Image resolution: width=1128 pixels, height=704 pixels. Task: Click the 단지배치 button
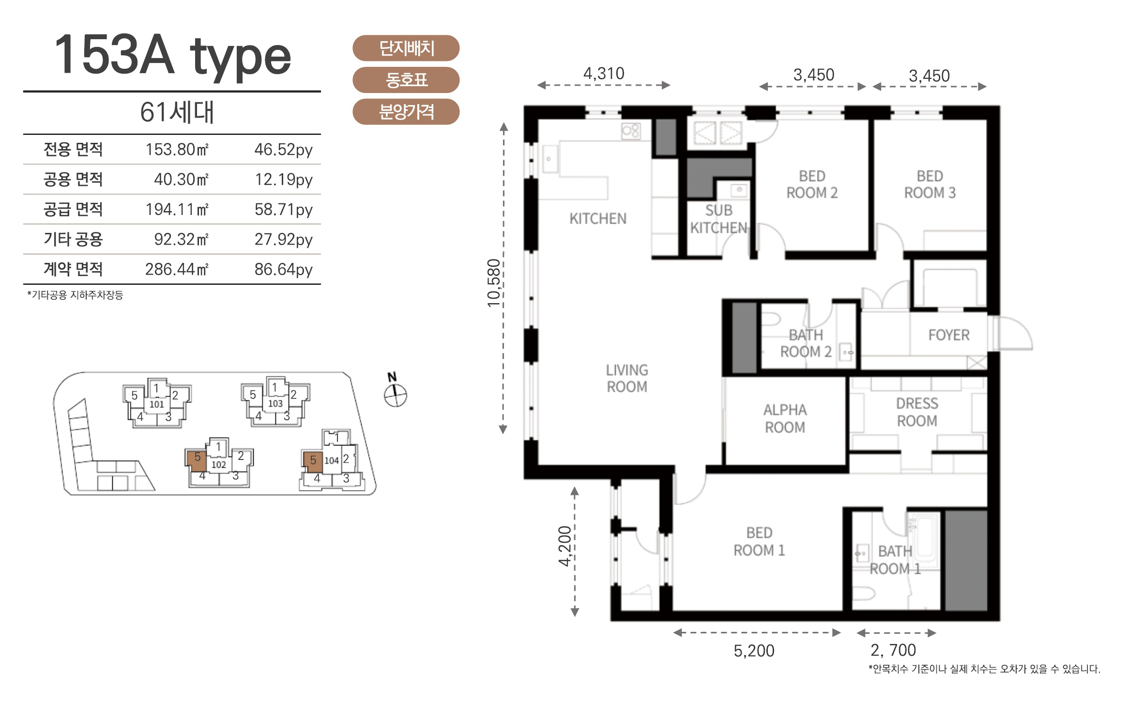(406, 48)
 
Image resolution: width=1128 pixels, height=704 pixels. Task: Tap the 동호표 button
(406, 80)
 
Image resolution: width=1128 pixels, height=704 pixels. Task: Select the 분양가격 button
(406, 112)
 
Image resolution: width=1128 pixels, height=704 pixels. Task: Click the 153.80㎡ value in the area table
(177, 149)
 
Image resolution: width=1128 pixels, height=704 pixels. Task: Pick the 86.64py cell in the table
(284, 269)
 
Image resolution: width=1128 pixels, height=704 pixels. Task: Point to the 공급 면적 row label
(73, 209)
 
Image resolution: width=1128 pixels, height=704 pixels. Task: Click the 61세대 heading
(177, 112)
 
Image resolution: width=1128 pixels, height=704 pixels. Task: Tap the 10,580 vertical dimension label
(493, 283)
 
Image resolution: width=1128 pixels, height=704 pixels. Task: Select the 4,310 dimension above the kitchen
(604, 74)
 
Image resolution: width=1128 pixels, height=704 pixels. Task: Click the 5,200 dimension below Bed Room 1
(754, 651)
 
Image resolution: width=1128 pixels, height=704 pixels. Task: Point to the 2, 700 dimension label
(893, 650)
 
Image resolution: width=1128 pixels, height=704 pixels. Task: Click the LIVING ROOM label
(627, 378)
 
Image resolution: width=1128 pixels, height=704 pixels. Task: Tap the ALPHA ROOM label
(785, 418)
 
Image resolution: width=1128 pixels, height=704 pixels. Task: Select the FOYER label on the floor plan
(949, 335)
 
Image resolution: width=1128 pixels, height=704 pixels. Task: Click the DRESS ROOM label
(917, 412)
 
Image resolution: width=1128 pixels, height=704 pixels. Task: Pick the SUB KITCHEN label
(718, 219)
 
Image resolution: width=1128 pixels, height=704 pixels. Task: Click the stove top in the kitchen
(631, 131)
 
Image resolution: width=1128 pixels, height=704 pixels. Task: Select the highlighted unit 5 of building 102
(197, 459)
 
